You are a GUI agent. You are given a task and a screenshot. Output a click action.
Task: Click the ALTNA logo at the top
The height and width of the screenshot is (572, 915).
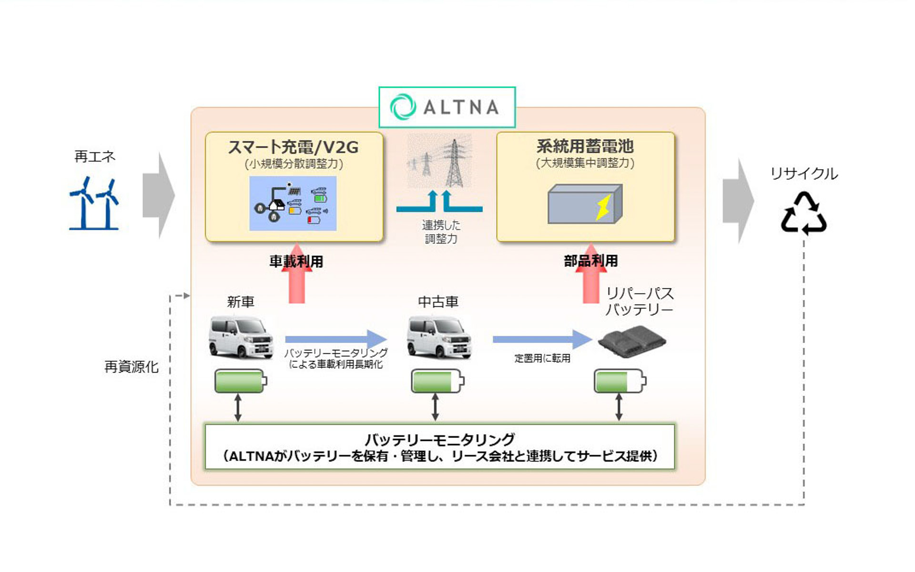tap(447, 107)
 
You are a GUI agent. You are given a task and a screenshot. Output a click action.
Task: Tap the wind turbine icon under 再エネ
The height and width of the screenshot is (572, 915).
tap(94, 204)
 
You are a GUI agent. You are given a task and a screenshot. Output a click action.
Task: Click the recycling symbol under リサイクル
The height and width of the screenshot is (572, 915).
tap(803, 214)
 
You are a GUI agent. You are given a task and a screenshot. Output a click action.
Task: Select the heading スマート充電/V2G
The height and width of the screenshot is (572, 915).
tap(294, 147)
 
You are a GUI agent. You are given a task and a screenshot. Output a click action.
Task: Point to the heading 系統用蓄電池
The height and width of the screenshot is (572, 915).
tap(585, 146)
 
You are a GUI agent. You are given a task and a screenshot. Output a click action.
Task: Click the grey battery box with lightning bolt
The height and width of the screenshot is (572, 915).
tap(585, 204)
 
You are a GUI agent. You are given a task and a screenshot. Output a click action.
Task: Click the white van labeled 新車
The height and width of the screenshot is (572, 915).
tap(241, 337)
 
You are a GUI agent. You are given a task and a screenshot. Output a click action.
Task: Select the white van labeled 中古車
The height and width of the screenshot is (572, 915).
tap(439, 337)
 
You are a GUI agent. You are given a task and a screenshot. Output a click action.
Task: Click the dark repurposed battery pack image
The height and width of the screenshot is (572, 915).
tap(632, 340)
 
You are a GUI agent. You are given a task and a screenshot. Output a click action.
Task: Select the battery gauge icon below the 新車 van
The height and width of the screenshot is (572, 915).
tap(241, 381)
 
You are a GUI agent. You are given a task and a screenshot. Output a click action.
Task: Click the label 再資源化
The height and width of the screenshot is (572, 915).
tap(131, 367)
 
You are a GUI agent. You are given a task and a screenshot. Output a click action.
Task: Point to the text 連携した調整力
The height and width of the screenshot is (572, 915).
tap(441, 232)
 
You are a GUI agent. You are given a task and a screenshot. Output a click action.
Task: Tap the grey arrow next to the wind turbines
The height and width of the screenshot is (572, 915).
tap(159, 195)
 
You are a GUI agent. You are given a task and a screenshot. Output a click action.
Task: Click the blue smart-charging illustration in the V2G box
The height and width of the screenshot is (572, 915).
tap(293, 204)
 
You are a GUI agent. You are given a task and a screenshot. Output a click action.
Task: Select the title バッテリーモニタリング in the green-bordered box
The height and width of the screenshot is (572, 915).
tap(439, 439)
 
